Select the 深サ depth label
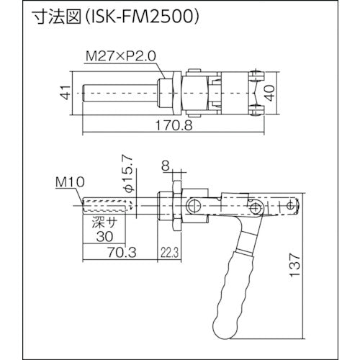104,224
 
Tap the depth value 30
104,235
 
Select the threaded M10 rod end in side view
108,208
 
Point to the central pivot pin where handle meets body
253,209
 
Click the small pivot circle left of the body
192,207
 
